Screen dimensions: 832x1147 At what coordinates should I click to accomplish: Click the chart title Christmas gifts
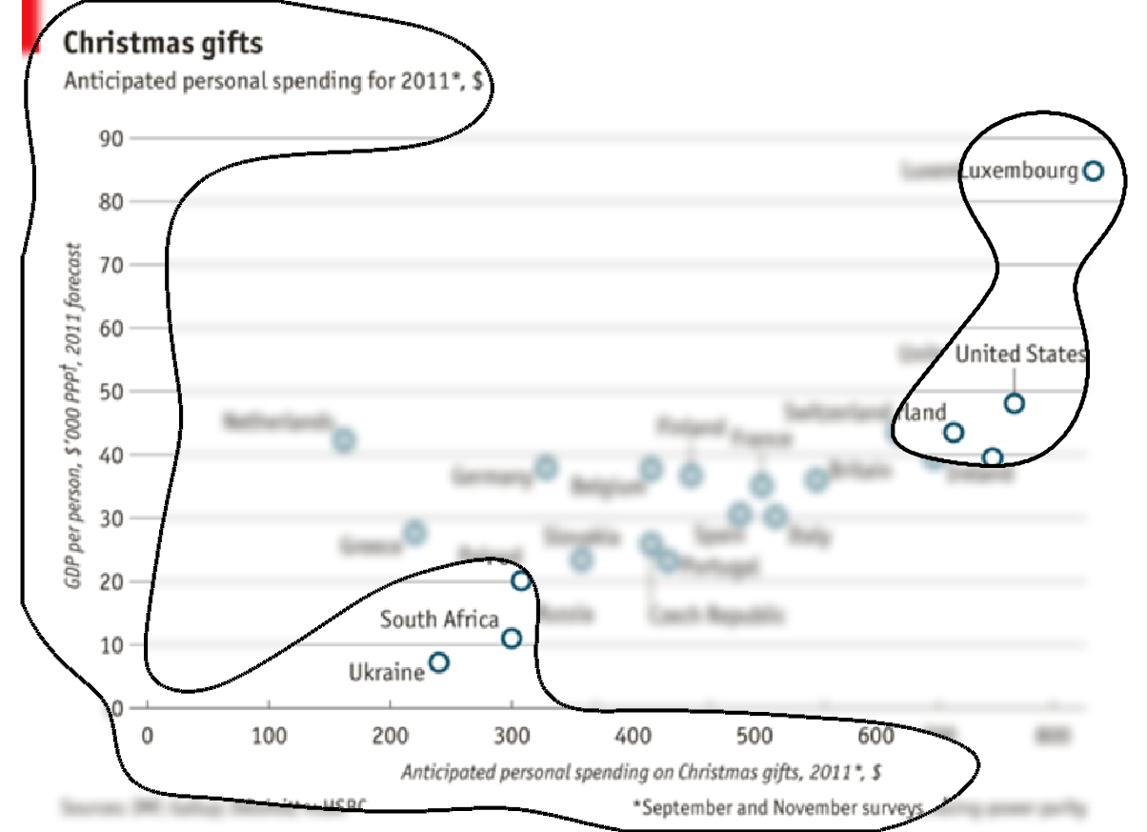(163, 44)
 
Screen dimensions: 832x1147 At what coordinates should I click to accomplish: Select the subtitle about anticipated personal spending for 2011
(272, 82)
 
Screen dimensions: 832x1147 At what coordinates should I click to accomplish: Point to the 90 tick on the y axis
(111, 138)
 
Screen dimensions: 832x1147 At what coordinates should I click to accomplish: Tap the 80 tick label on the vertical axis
(111, 202)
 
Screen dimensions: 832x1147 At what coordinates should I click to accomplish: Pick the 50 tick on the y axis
(111, 392)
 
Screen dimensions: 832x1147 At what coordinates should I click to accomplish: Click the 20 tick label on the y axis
(111, 581)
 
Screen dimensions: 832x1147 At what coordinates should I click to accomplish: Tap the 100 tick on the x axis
(269, 737)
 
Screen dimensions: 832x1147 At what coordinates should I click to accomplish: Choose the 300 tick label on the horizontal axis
(512, 737)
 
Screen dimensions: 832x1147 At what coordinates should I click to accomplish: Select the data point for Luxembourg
(1094, 172)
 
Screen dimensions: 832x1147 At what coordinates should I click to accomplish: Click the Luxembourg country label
(1018, 172)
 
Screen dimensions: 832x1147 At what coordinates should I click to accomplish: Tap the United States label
(1020, 355)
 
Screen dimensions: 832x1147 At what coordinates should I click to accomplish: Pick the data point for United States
(1015, 403)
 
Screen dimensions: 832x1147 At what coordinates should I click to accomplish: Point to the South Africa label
(439, 619)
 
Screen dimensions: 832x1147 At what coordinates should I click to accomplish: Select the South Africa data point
(512, 639)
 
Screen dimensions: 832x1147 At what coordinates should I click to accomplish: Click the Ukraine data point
(439, 662)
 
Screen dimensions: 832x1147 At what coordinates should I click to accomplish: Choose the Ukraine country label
(386, 673)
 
